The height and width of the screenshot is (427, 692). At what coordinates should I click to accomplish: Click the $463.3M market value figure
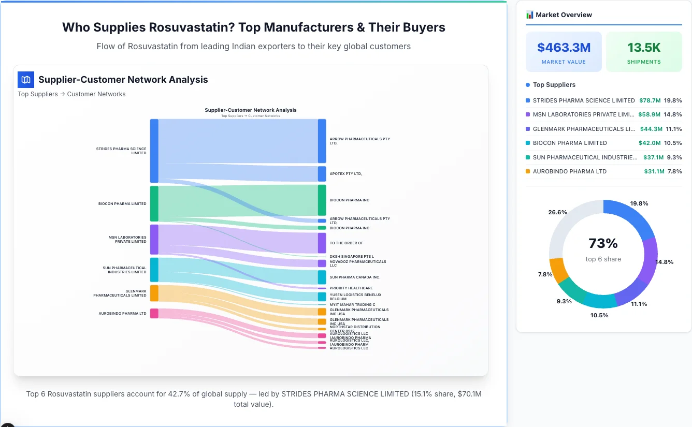[x=564, y=48]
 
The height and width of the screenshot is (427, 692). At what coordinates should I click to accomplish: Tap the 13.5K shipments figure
[x=644, y=48]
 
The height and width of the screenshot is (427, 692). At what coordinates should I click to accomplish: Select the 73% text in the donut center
[x=603, y=243]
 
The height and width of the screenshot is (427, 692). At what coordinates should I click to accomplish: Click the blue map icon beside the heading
[x=26, y=80]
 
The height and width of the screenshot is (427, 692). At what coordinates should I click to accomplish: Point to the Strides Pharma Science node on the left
[x=154, y=151]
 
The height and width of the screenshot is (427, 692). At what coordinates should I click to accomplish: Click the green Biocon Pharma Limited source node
[x=154, y=203]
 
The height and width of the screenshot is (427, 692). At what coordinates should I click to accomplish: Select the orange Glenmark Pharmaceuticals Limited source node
[x=154, y=293]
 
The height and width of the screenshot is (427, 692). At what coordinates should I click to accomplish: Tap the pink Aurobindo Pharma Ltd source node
[x=154, y=313]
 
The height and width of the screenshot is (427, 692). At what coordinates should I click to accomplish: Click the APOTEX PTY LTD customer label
[x=345, y=174]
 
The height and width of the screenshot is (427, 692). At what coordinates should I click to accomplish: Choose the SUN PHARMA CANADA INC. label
[x=355, y=277]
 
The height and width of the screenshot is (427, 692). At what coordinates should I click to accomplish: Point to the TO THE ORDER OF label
[x=346, y=243]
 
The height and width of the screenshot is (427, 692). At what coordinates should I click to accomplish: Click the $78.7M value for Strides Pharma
[x=650, y=100]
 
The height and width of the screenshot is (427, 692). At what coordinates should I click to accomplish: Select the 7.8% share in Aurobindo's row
[x=674, y=171]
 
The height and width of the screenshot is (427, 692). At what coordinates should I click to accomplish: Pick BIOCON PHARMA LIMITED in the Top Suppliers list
[x=570, y=143]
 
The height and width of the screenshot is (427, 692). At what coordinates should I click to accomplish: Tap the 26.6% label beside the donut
[x=557, y=212]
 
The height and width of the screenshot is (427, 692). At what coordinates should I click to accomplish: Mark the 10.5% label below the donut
[x=599, y=315]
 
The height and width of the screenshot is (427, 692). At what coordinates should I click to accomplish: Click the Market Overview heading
[x=564, y=15]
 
